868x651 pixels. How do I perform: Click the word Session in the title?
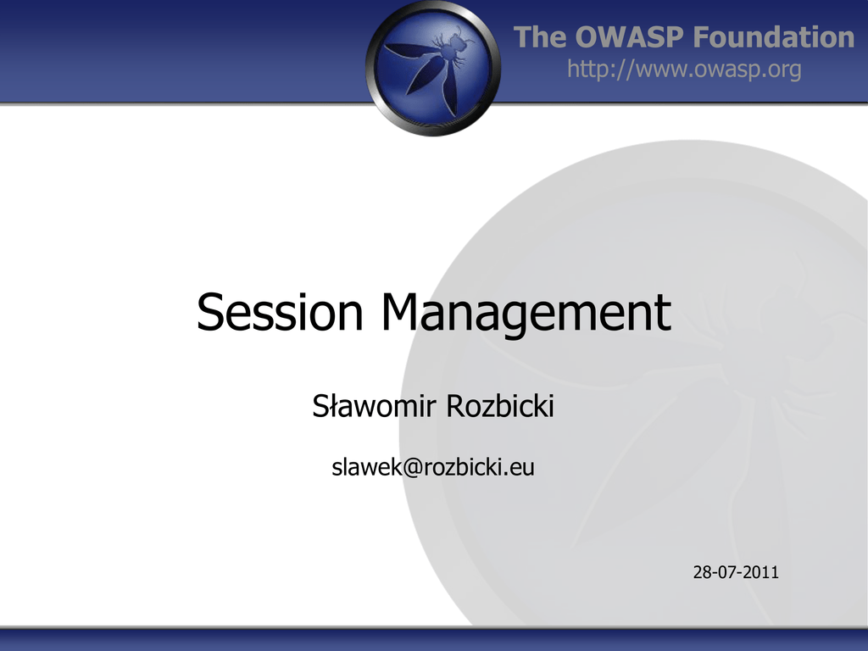click(x=280, y=312)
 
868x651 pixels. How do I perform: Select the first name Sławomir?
click(x=374, y=406)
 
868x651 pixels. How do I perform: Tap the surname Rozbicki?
click(x=500, y=406)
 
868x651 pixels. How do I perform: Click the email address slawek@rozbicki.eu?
click(x=433, y=467)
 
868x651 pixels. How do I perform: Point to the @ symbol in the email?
click(x=413, y=468)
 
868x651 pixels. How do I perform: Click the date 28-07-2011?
click(x=736, y=572)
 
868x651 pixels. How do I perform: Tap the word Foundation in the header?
click(x=774, y=37)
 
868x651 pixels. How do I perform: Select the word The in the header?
click(x=541, y=37)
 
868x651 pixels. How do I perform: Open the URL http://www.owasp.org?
click(x=684, y=70)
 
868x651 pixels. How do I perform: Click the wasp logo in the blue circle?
click(x=433, y=69)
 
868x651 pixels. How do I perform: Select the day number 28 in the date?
click(x=702, y=572)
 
